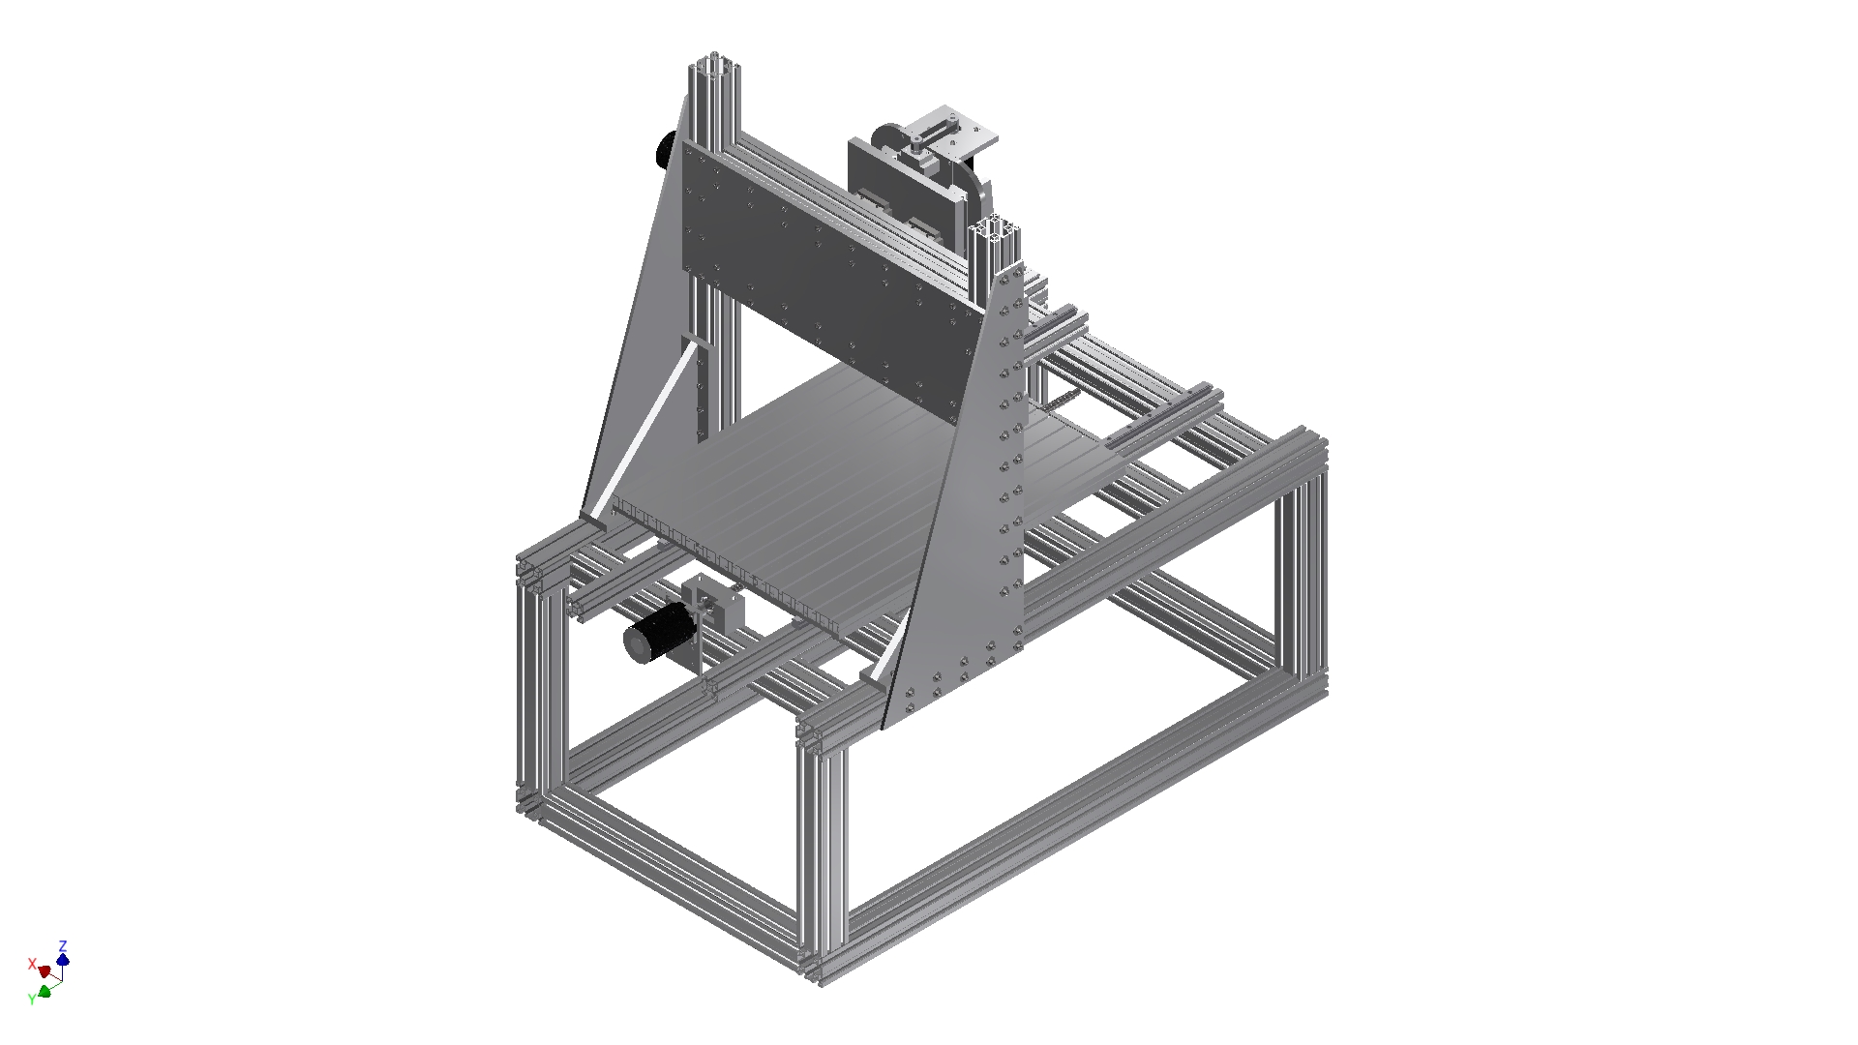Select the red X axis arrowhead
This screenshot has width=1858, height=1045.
44,970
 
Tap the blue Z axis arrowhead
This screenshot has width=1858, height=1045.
63,960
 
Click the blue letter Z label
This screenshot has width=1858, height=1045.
63,945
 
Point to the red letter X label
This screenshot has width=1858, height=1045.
32,965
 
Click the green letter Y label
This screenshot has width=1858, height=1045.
32,999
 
